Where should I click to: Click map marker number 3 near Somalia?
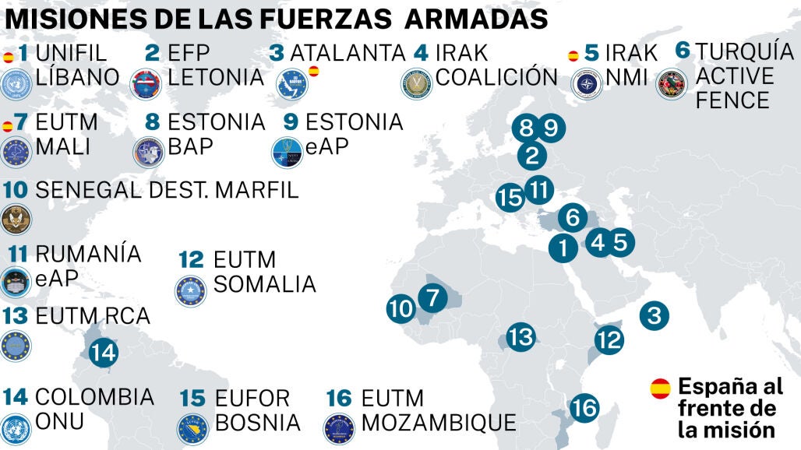click(654, 315)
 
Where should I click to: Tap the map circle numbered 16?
click(584, 407)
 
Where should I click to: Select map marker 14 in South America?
click(103, 353)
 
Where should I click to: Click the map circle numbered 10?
click(401, 309)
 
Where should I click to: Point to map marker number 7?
click(432, 297)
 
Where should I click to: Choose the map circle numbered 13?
click(520, 337)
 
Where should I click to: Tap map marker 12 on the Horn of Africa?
click(609, 339)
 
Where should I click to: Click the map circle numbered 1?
click(562, 249)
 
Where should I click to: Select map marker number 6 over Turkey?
click(573, 217)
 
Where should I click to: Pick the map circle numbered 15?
click(510, 198)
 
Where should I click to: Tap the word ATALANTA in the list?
click(348, 53)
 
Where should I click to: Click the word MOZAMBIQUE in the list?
click(439, 423)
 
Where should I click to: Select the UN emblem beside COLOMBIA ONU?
click(16, 430)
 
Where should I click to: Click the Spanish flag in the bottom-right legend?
click(660, 387)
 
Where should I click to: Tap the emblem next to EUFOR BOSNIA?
click(192, 429)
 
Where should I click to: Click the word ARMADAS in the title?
click(482, 18)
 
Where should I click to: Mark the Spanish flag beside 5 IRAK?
click(573, 55)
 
